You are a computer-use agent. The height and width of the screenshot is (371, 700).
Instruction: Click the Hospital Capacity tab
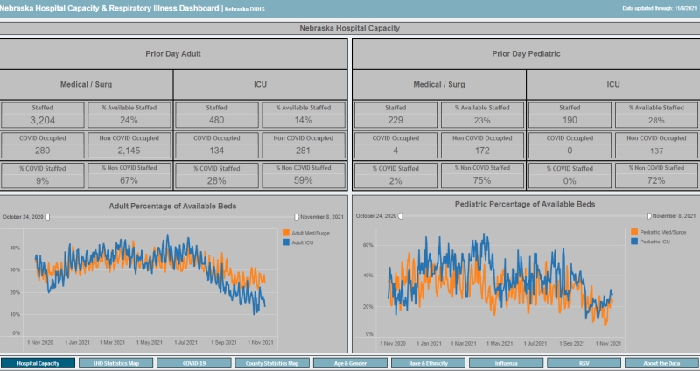click(38, 362)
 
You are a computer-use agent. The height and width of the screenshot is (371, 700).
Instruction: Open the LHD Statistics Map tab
click(116, 362)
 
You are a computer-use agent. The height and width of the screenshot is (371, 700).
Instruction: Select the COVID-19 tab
click(194, 362)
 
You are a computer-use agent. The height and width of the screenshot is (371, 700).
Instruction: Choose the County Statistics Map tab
click(272, 362)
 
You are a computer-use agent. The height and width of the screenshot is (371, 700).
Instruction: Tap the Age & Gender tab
click(350, 362)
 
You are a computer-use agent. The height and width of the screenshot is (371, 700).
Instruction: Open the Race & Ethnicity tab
click(428, 362)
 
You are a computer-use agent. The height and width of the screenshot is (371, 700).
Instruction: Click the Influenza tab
click(506, 362)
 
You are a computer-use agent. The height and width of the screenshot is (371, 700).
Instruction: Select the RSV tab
click(584, 362)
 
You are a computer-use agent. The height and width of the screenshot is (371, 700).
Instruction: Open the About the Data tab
click(661, 362)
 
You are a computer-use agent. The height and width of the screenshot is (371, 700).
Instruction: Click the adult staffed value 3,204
click(43, 120)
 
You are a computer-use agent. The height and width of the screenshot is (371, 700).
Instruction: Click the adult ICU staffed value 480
click(217, 120)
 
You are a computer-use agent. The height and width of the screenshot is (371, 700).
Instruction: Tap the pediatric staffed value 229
click(395, 120)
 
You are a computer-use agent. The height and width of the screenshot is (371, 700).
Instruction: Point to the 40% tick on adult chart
click(15, 248)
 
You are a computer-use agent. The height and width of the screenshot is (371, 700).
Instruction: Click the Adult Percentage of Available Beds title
click(172, 206)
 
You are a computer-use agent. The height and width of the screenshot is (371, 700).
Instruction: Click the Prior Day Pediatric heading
click(526, 53)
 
